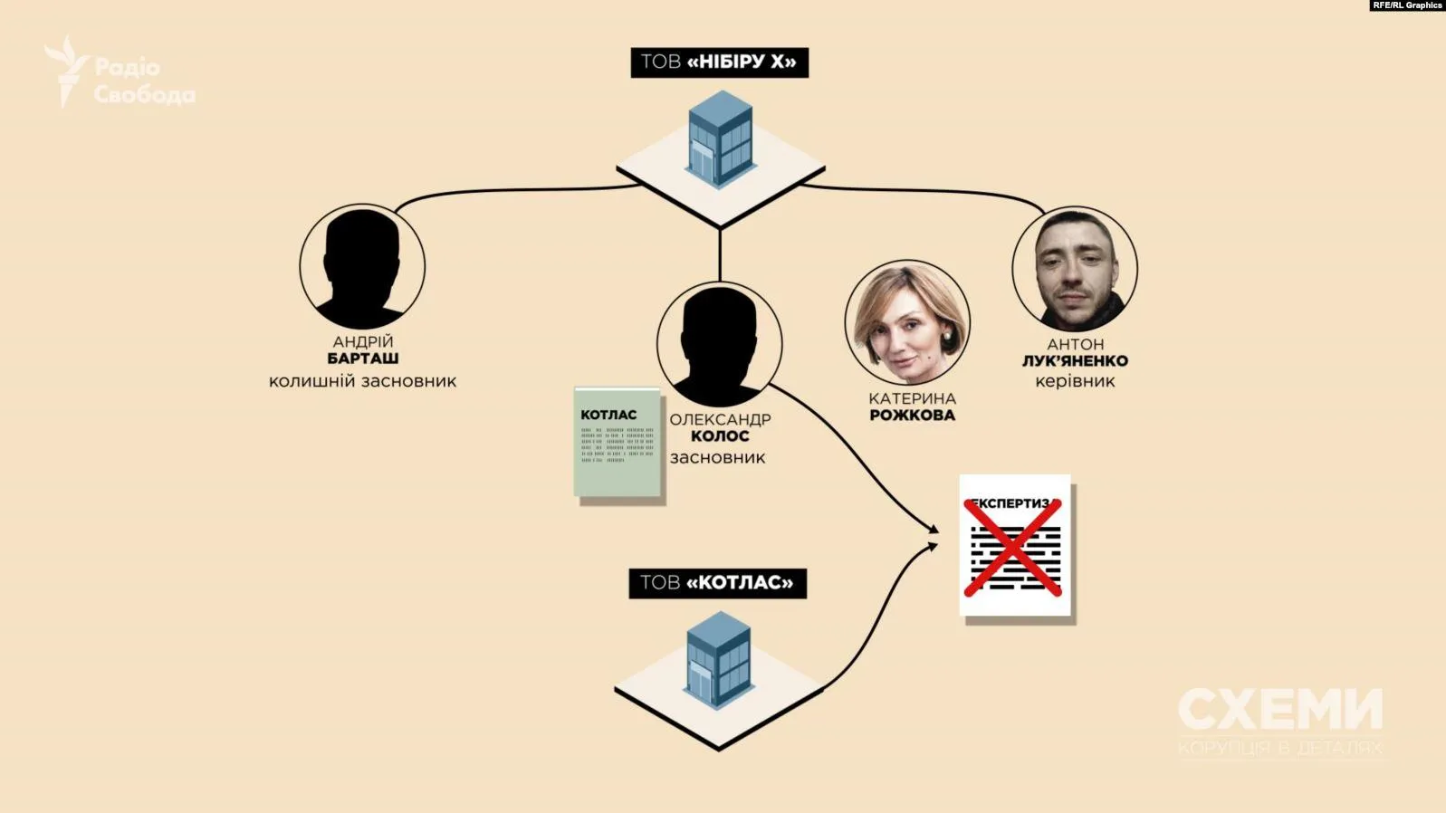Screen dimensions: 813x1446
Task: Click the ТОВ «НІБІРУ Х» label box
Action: click(719, 62)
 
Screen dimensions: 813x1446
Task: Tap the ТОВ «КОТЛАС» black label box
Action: click(717, 582)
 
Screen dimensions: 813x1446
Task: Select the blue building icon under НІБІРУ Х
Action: click(720, 139)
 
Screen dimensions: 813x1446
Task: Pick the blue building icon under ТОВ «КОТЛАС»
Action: click(719, 659)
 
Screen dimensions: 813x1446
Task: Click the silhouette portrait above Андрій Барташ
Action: click(362, 266)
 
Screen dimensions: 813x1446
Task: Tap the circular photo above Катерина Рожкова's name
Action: click(907, 323)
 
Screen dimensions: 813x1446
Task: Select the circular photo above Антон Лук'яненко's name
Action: click(1075, 269)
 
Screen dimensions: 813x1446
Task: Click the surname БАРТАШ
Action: click(362, 359)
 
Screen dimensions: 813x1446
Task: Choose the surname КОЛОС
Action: click(720, 436)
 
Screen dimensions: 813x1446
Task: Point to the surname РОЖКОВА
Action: click(912, 416)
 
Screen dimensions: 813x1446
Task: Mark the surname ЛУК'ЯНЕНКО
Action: click(1075, 361)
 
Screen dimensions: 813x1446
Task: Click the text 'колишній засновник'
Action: click(362, 381)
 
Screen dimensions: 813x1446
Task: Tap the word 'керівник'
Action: click(1075, 381)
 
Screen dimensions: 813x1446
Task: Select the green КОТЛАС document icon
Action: click(618, 443)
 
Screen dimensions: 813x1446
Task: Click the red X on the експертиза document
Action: click(1012, 547)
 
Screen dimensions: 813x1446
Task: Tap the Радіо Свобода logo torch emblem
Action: click(67, 70)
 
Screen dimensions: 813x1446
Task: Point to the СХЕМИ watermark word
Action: click(1280, 709)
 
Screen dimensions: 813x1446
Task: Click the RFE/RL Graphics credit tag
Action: click(1406, 5)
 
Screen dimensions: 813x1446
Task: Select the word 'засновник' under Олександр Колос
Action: click(717, 458)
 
